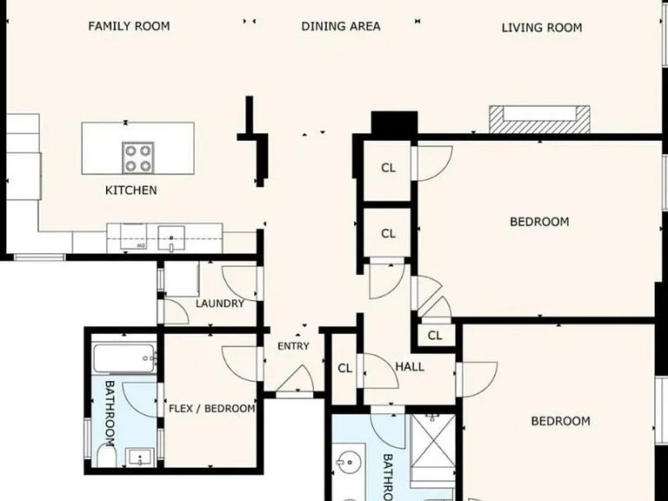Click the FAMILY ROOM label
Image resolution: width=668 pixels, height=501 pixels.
[x=129, y=26]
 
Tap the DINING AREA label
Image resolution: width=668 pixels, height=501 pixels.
[x=341, y=26]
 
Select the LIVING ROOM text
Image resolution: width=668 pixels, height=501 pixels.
[x=542, y=28]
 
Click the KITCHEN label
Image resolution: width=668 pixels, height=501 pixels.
[x=130, y=190]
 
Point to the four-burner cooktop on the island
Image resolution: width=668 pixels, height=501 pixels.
[x=138, y=157]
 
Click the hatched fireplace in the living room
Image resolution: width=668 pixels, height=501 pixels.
[x=539, y=119]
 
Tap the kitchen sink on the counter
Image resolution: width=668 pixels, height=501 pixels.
[x=171, y=237]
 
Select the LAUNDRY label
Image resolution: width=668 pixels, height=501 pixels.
[x=220, y=304]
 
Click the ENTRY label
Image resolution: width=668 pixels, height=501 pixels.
[x=293, y=346]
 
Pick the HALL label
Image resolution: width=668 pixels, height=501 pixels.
[x=410, y=367]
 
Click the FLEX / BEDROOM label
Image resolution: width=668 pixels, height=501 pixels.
[x=212, y=409]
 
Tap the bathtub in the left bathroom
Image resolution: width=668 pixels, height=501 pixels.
[x=124, y=358]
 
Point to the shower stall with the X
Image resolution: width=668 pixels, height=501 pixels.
[x=433, y=441]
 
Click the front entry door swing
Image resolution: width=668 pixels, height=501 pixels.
[x=295, y=379]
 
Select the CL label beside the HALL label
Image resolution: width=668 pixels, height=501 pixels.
[x=344, y=368]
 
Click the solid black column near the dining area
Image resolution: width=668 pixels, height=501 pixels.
[x=394, y=123]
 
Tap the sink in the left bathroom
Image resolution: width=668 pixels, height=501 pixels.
[x=140, y=458]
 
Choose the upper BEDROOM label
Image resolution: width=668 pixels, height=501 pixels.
[x=539, y=222]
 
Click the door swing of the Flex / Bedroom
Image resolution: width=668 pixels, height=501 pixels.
[x=239, y=364]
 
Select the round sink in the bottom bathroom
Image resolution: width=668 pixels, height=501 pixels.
[x=349, y=462]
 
